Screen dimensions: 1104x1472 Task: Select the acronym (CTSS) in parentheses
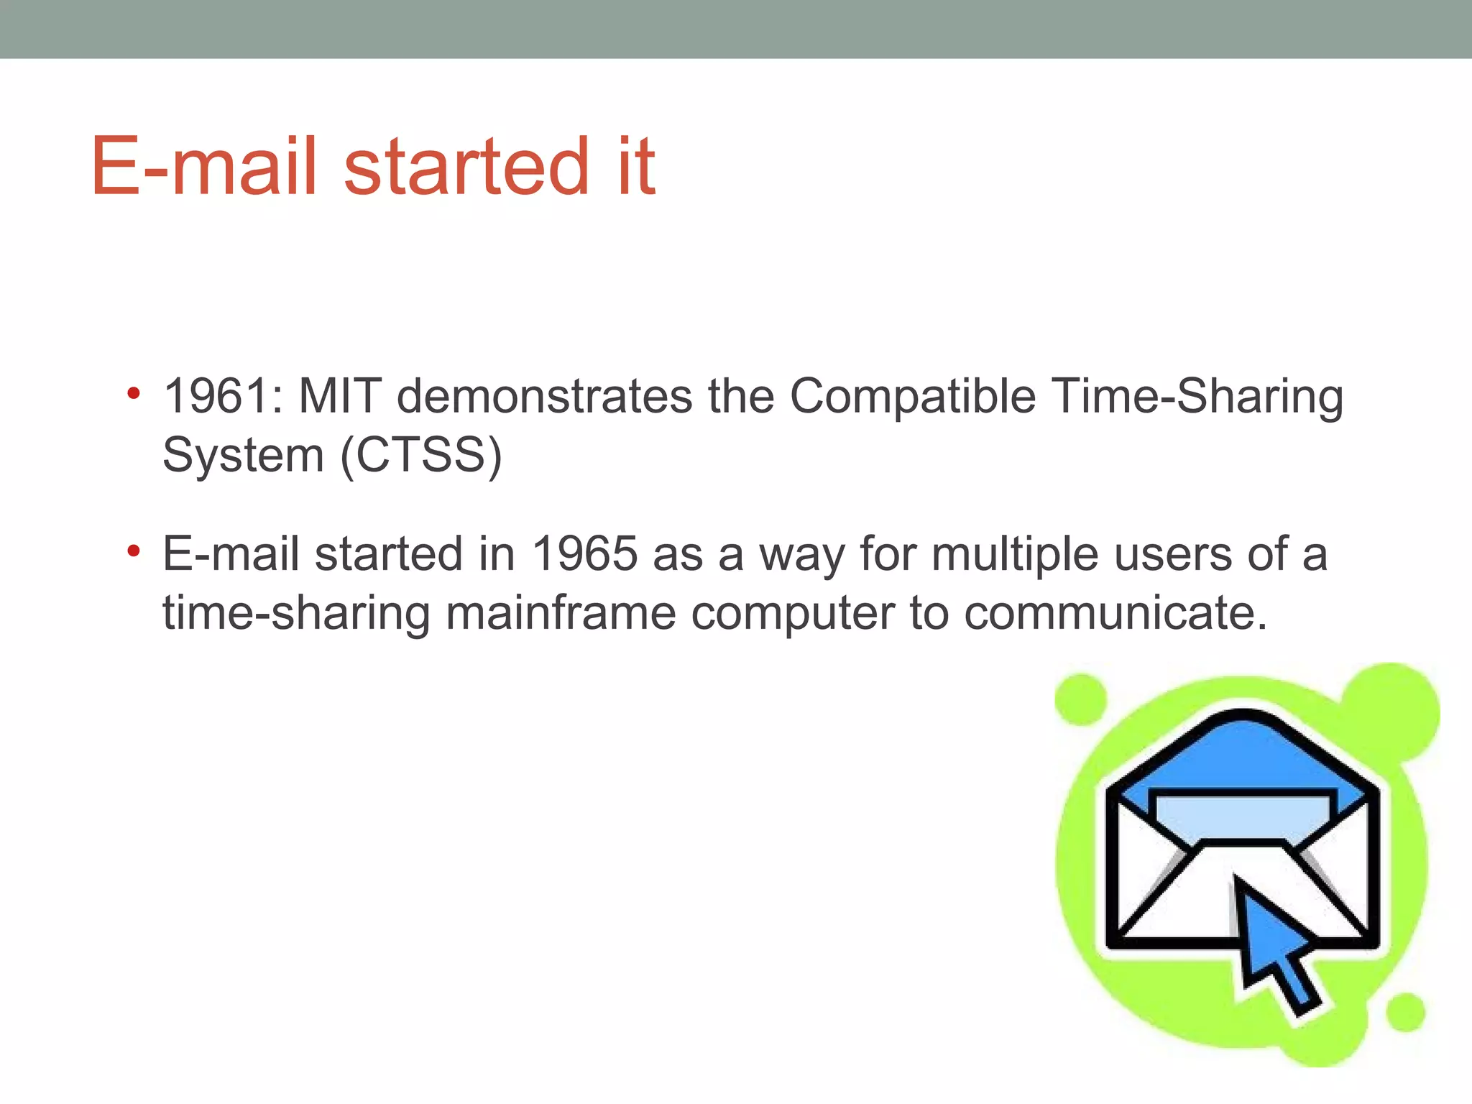[421, 455]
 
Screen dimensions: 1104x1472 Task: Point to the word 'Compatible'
[913, 396]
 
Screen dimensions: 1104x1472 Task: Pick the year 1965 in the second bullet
[584, 554]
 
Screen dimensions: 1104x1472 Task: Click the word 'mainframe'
[561, 613]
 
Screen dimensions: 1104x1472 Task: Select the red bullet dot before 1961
[133, 394]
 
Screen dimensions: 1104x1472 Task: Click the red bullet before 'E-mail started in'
[133, 552]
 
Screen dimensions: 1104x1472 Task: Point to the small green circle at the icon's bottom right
[1404, 1012]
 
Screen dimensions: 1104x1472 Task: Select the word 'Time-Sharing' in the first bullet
[1197, 396]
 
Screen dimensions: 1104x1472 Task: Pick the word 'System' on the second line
[243, 456]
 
